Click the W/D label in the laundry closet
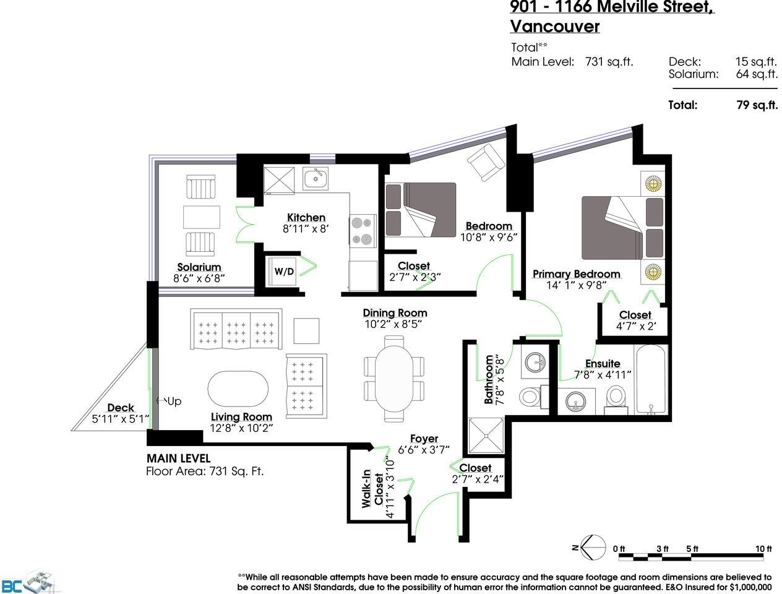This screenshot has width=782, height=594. click(284, 272)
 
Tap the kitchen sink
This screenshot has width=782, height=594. click(316, 178)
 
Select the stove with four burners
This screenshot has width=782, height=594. click(363, 231)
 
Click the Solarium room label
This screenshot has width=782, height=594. click(199, 267)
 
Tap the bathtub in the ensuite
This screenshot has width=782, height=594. click(651, 379)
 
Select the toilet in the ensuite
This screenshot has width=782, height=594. click(616, 400)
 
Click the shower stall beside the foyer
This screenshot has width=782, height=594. click(486, 436)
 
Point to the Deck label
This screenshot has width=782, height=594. click(121, 408)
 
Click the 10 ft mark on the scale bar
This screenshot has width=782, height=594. click(763, 549)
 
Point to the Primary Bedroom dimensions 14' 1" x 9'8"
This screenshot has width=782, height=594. click(577, 285)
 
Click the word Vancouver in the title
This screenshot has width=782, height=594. click(555, 26)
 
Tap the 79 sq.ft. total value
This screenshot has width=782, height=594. click(757, 105)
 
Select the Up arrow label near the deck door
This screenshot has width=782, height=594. click(170, 401)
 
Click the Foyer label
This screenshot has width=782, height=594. click(424, 439)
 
